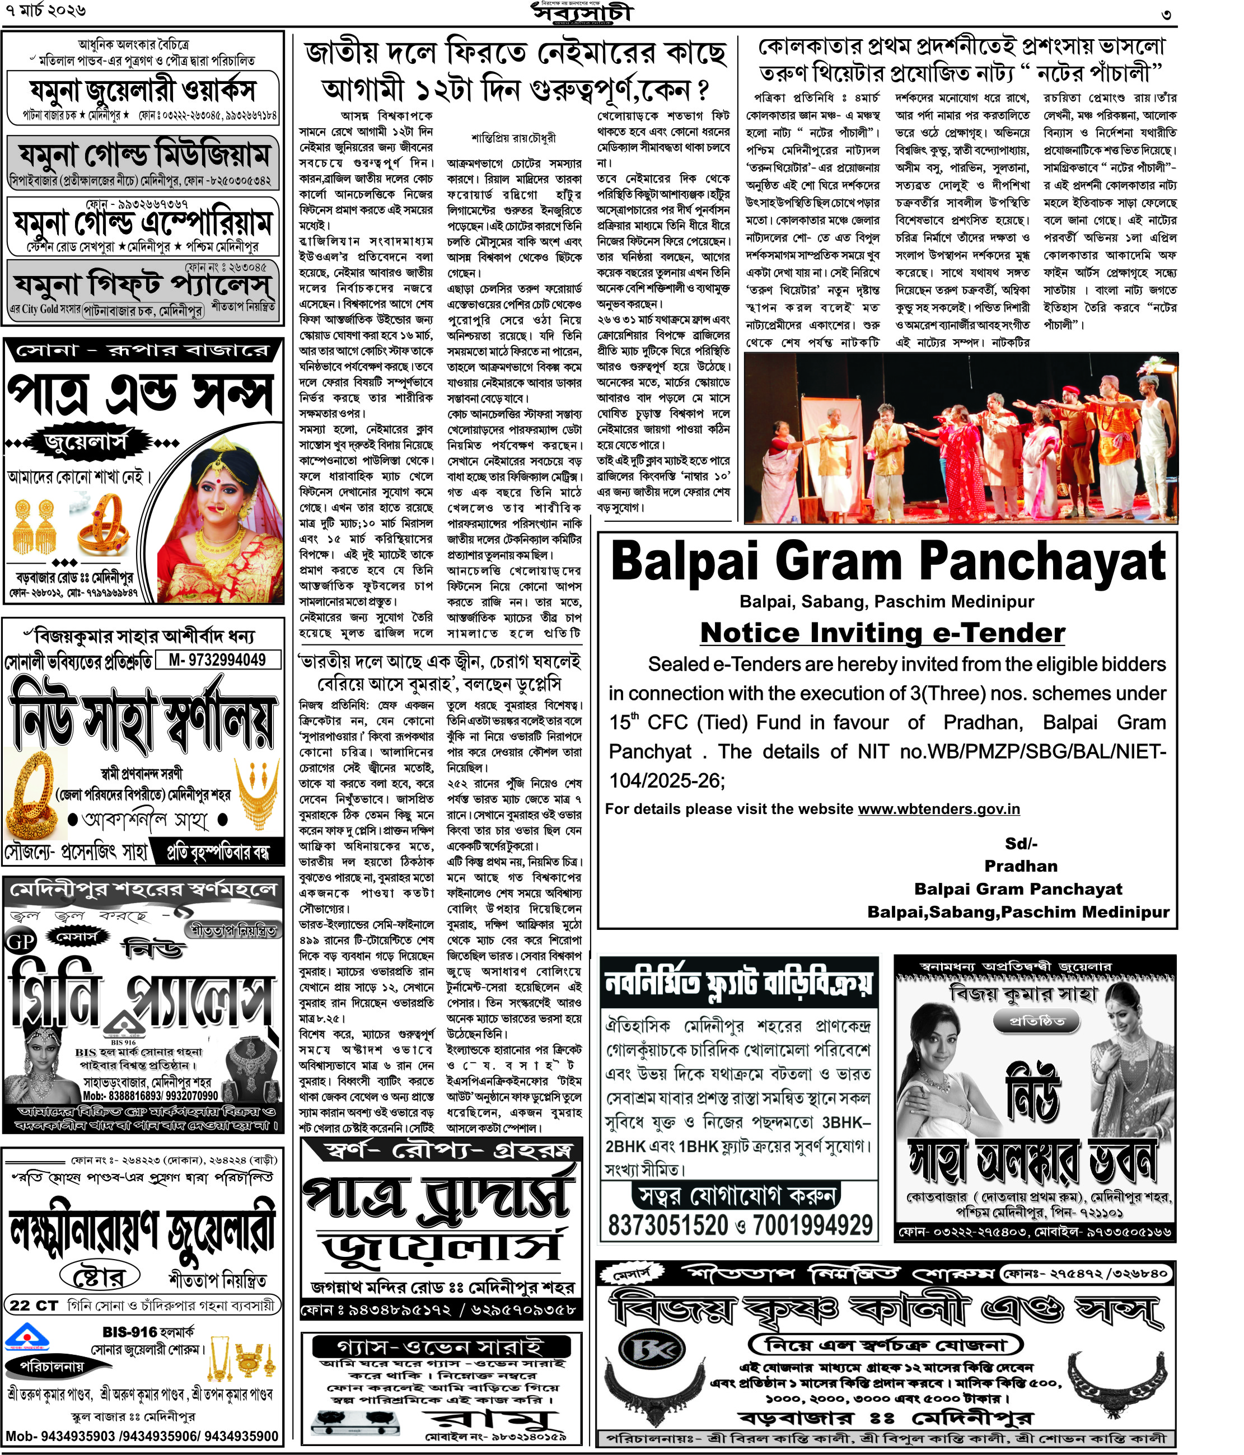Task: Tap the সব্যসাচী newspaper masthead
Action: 582,13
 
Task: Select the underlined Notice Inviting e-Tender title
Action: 882,633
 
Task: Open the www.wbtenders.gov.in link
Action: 938,809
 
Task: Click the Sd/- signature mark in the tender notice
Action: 1021,843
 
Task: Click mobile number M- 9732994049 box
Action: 218,660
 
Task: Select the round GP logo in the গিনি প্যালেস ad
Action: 21,942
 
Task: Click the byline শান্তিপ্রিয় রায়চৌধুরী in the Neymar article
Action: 513,138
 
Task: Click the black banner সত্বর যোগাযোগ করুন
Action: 737,1195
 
